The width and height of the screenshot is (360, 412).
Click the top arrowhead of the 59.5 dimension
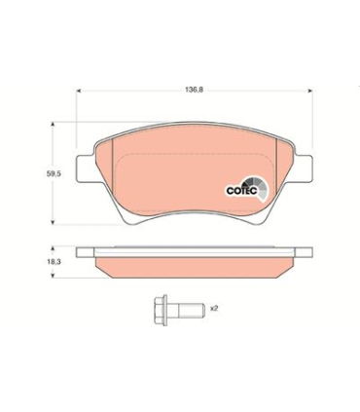pyautogui.click(x=52, y=125)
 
